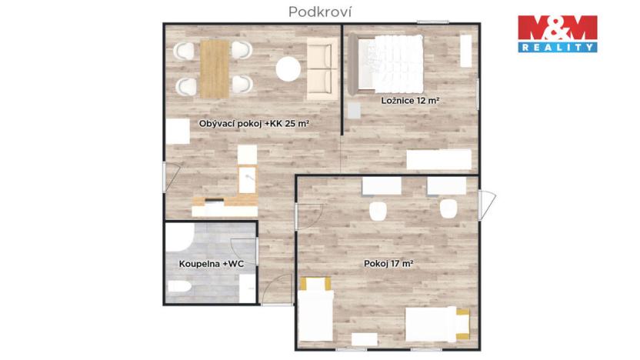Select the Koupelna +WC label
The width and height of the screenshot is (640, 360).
tap(212, 264)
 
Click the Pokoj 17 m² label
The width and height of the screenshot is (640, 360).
tap(388, 264)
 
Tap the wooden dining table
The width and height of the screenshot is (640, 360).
tap(215, 68)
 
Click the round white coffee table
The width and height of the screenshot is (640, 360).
tap(288, 70)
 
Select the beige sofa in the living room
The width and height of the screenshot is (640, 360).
tap(321, 70)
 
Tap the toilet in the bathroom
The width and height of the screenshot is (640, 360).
tap(178, 288)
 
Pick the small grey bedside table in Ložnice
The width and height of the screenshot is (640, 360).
tap(354, 109)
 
